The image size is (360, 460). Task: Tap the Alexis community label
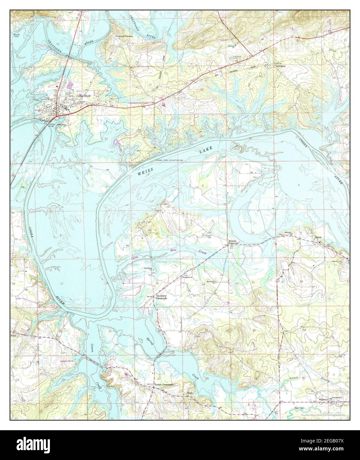coord(318,237)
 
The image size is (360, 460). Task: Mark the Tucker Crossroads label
coord(164,385)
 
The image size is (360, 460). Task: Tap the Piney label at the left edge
coord(14,335)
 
